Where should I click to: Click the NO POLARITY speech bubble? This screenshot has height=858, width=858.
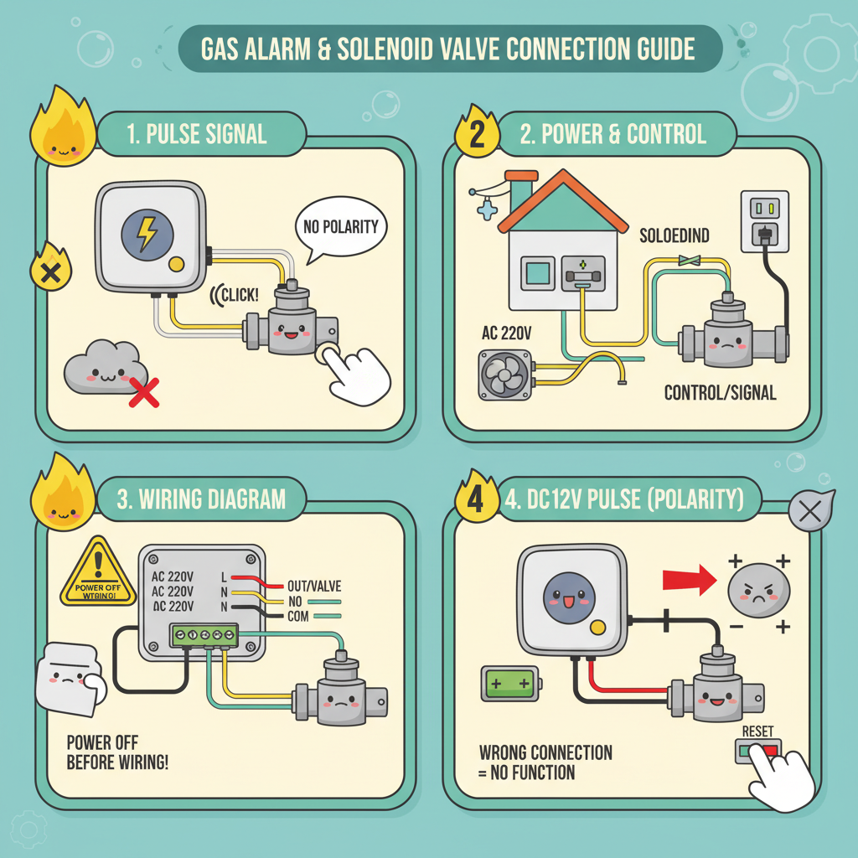(x=338, y=226)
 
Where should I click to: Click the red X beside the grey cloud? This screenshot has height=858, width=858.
(x=143, y=390)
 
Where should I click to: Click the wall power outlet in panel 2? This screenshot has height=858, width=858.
(x=763, y=220)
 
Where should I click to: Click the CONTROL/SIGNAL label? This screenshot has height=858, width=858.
(x=719, y=391)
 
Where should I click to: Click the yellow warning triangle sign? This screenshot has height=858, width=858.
(x=98, y=573)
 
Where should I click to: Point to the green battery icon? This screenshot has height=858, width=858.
(x=508, y=684)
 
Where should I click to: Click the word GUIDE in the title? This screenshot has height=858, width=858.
(x=659, y=49)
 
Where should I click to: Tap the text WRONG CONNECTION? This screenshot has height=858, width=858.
(x=545, y=752)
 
